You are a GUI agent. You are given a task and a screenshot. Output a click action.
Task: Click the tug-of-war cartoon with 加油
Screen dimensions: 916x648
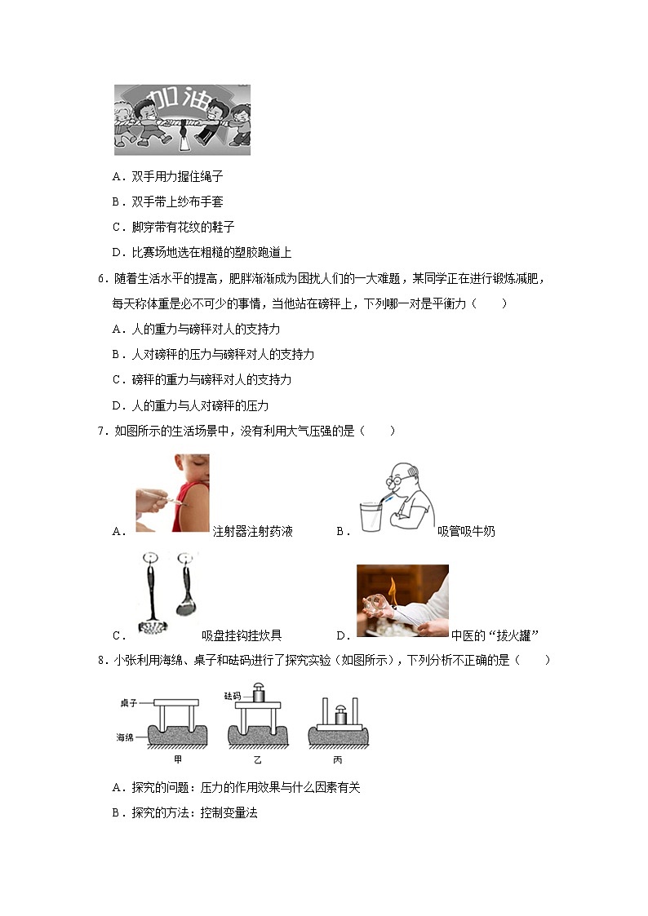pos(182,119)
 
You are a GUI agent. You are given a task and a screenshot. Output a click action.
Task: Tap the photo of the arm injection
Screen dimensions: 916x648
pos(172,493)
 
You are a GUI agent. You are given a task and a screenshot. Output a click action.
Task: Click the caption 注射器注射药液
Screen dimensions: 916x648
pos(252,532)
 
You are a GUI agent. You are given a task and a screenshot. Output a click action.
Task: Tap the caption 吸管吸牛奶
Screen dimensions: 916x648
pos(466,532)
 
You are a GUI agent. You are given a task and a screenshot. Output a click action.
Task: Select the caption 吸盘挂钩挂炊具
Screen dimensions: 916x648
pos(242,636)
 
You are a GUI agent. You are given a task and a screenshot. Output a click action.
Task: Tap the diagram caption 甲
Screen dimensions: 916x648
pos(177,759)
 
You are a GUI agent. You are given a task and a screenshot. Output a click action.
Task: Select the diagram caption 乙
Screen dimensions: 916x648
pos(257,759)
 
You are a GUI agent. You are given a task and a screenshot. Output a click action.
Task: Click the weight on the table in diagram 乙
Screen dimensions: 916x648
pos(258,693)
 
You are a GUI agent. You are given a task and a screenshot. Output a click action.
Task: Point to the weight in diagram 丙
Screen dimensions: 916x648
pos(338,719)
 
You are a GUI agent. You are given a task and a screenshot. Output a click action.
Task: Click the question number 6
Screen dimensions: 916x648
pos(101,279)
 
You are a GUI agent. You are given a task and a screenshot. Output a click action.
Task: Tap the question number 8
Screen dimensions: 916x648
pos(101,661)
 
